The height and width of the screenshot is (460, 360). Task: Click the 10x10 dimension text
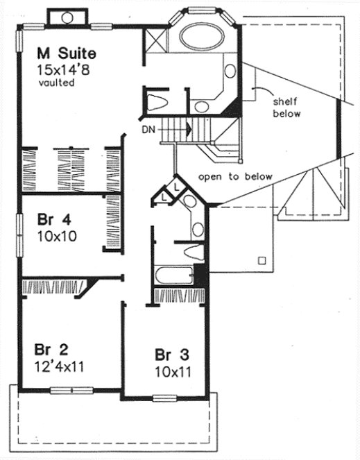click(x=57, y=236)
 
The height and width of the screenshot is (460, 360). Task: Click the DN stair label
click(x=148, y=129)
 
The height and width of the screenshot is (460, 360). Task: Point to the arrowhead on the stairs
click(x=187, y=128)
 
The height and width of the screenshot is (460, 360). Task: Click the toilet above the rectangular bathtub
click(x=188, y=251)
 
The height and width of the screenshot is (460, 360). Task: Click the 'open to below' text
click(x=235, y=176)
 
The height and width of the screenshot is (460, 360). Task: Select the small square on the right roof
click(x=262, y=261)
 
